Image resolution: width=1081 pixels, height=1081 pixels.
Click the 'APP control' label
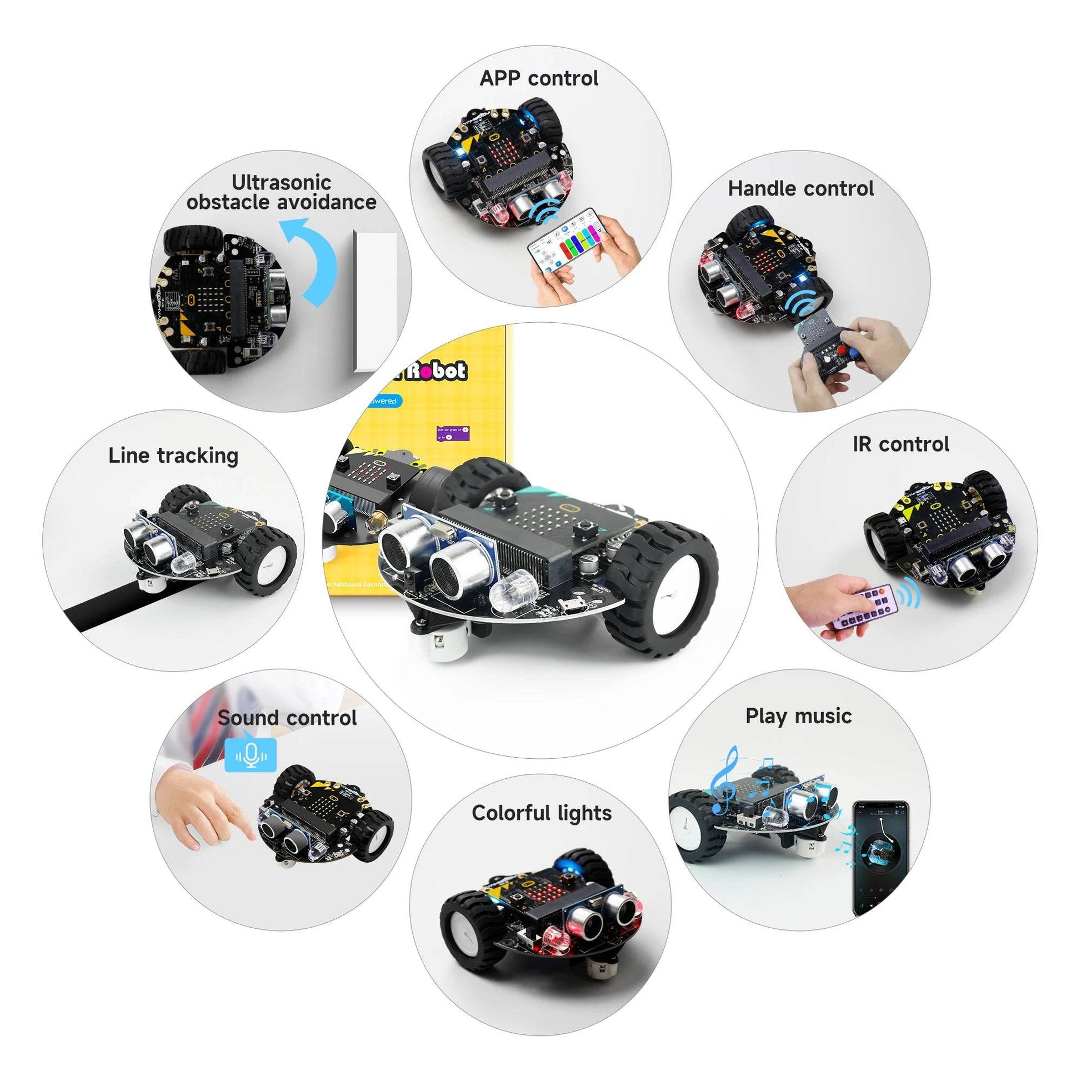tap(539, 78)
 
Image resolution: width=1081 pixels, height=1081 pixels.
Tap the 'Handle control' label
tap(800, 188)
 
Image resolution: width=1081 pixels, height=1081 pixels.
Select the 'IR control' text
tap(901, 444)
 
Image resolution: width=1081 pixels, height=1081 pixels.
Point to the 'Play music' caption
tap(798, 716)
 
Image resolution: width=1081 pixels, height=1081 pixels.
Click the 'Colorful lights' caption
tap(541, 813)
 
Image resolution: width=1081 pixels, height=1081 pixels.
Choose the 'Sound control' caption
tap(287, 718)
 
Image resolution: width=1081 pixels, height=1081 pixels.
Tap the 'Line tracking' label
tap(173, 456)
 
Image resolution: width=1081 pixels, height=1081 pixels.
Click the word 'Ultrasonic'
tap(282, 182)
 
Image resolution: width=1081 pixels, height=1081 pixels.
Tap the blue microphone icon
tap(250, 755)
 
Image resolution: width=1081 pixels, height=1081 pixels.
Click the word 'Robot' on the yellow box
tap(436, 371)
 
